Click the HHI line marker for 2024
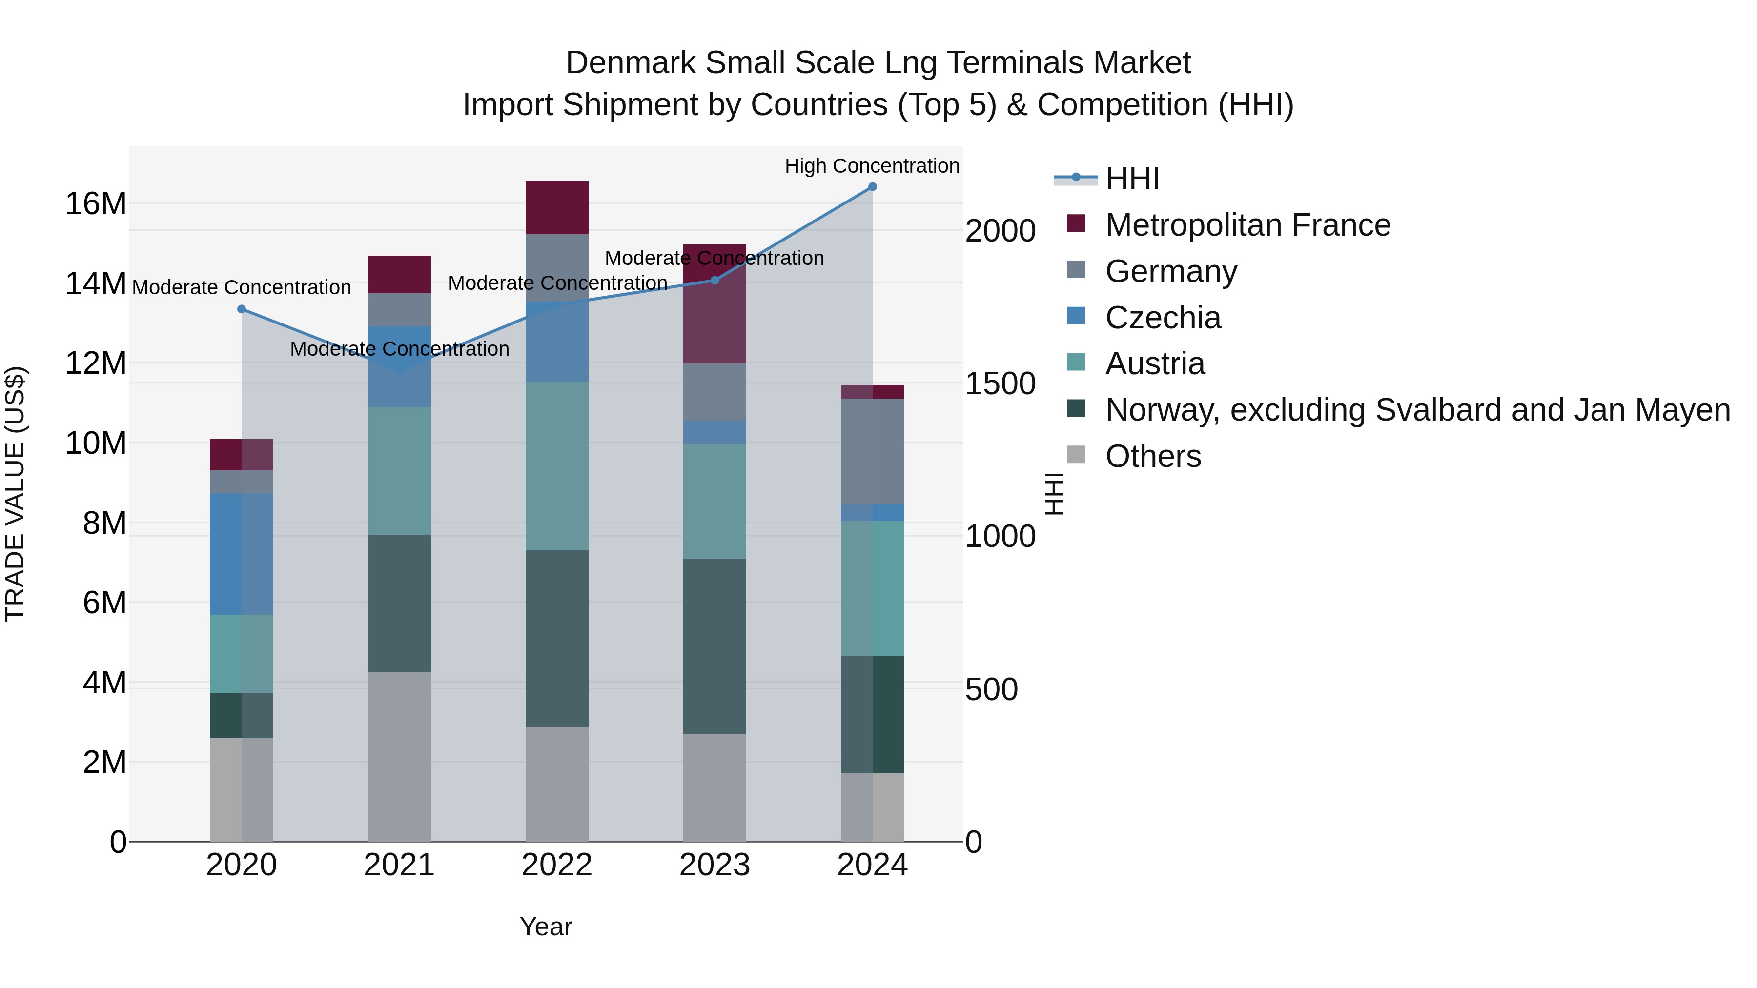[x=872, y=187]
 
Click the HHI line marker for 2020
[x=242, y=309]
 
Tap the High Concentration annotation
[x=872, y=166]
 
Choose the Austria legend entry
[x=1155, y=364]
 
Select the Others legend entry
[x=1153, y=457]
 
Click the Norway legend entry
[x=1417, y=410]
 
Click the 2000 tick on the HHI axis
[x=1000, y=231]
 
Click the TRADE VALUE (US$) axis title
[x=15, y=494]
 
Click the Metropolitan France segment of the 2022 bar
[x=556, y=208]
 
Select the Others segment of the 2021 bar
[x=399, y=757]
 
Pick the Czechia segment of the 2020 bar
[x=242, y=554]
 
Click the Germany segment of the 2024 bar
[x=872, y=451]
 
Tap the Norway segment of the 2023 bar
[x=715, y=646]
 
